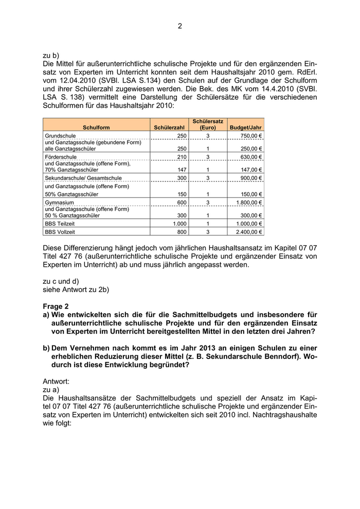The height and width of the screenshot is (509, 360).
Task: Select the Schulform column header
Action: [96, 127]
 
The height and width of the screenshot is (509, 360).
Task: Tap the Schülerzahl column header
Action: [169, 127]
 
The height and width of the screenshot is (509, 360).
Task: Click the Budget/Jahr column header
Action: [246, 127]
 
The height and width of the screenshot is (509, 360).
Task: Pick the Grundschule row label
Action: [61, 135]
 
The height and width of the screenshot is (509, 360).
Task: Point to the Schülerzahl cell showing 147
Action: [181, 170]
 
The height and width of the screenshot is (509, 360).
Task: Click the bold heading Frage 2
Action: [56, 306]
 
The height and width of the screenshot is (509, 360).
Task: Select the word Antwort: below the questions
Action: [58, 382]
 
